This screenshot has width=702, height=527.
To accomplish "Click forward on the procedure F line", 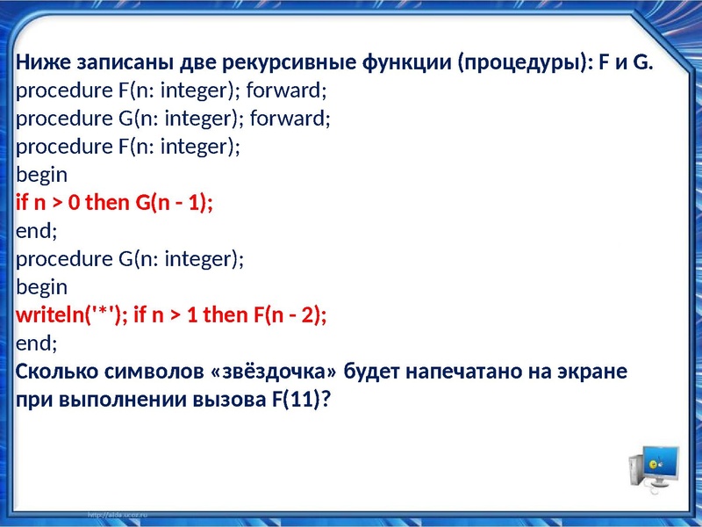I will [x=291, y=91].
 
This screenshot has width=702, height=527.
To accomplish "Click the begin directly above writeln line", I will [x=41, y=287].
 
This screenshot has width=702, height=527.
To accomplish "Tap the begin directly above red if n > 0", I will [x=41, y=175].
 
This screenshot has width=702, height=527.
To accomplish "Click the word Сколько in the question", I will [x=55, y=371].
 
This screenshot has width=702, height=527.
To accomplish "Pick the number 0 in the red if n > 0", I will [x=74, y=203].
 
